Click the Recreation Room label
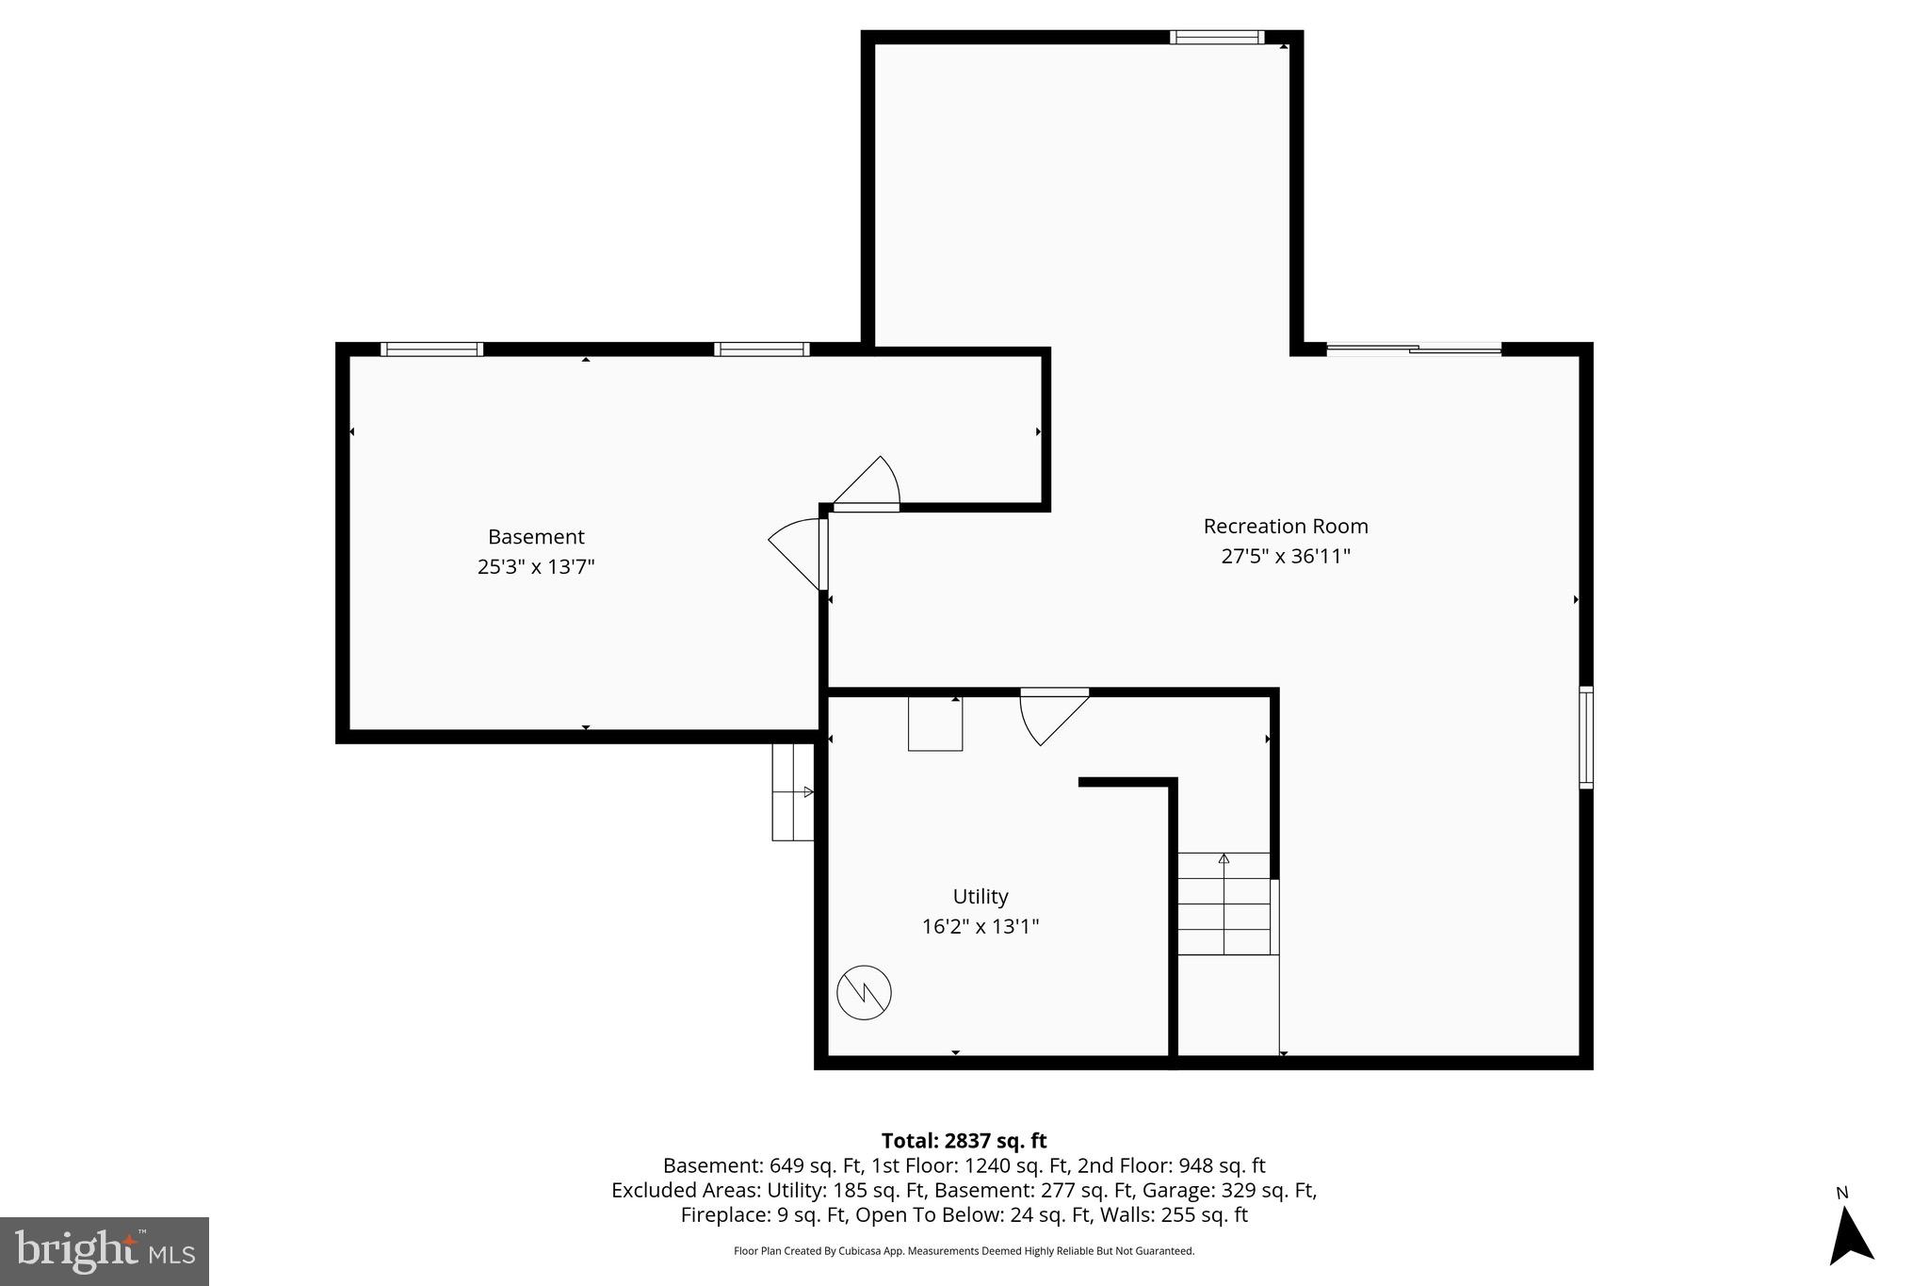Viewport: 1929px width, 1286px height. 1285,526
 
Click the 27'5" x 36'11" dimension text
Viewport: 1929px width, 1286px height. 1285,556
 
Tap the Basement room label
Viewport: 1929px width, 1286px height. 536,536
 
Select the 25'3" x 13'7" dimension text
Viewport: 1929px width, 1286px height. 536,566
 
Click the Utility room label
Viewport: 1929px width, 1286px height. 980,896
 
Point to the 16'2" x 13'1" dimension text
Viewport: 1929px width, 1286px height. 980,926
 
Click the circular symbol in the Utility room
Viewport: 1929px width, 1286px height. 864,992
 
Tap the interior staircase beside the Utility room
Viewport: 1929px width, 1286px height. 1224,903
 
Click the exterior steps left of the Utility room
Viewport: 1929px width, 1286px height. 792,791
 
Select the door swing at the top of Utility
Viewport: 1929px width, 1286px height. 1051,716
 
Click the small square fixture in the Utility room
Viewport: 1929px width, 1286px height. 934,724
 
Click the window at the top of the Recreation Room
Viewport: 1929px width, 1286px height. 1216,38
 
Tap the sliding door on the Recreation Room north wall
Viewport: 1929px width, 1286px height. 1413,350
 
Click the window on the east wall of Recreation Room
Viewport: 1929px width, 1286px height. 1585,738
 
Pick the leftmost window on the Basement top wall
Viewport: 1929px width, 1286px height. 431,350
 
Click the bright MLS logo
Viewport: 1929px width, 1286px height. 105,1251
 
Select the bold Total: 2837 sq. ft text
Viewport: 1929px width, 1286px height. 964,1141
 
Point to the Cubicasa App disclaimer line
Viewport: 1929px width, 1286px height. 964,1251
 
